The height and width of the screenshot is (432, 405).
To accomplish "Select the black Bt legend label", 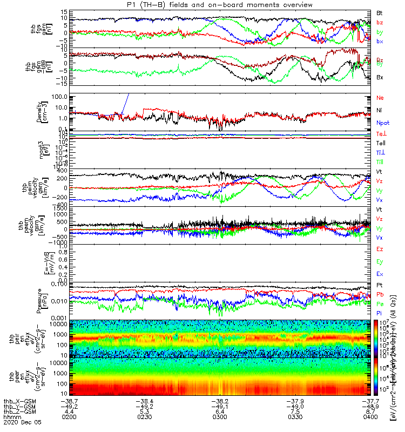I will click(x=380, y=12).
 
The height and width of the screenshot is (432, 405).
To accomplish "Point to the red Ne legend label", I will click(x=380, y=98).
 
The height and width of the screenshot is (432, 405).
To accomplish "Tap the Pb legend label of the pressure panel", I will click(x=380, y=294).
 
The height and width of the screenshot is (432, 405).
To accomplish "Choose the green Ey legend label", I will click(x=380, y=261).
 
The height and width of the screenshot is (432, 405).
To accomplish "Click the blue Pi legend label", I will click(x=380, y=313).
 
